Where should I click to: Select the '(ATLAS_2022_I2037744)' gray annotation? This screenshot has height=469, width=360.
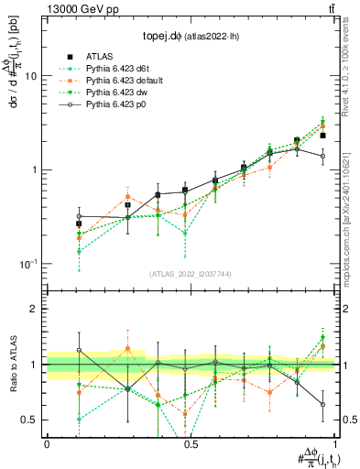(191, 274)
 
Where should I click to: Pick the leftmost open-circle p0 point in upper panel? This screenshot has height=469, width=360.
(79, 216)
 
